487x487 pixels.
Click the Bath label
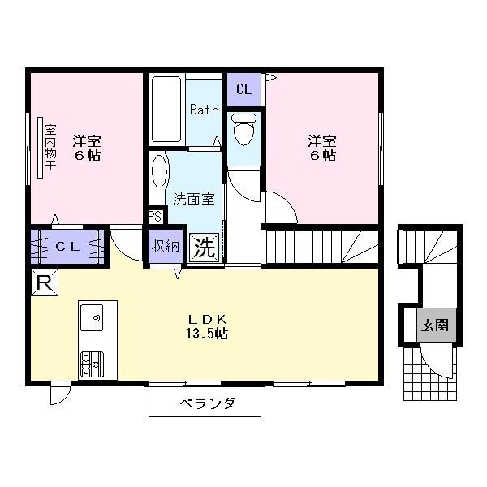(x=205, y=110)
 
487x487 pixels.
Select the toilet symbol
(x=243, y=128)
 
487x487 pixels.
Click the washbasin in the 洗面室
(x=160, y=172)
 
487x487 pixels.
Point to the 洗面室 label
(x=193, y=197)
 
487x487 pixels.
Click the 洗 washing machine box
(x=205, y=248)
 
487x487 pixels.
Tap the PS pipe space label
(x=155, y=217)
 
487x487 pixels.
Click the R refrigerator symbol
(x=45, y=282)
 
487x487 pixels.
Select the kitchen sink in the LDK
(x=93, y=315)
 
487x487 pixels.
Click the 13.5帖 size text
(x=206, y=334)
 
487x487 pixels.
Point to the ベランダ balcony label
(x=206, y=403)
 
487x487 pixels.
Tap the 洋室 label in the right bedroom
(x=322, y=139)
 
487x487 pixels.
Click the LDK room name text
(x=206, y=318)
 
